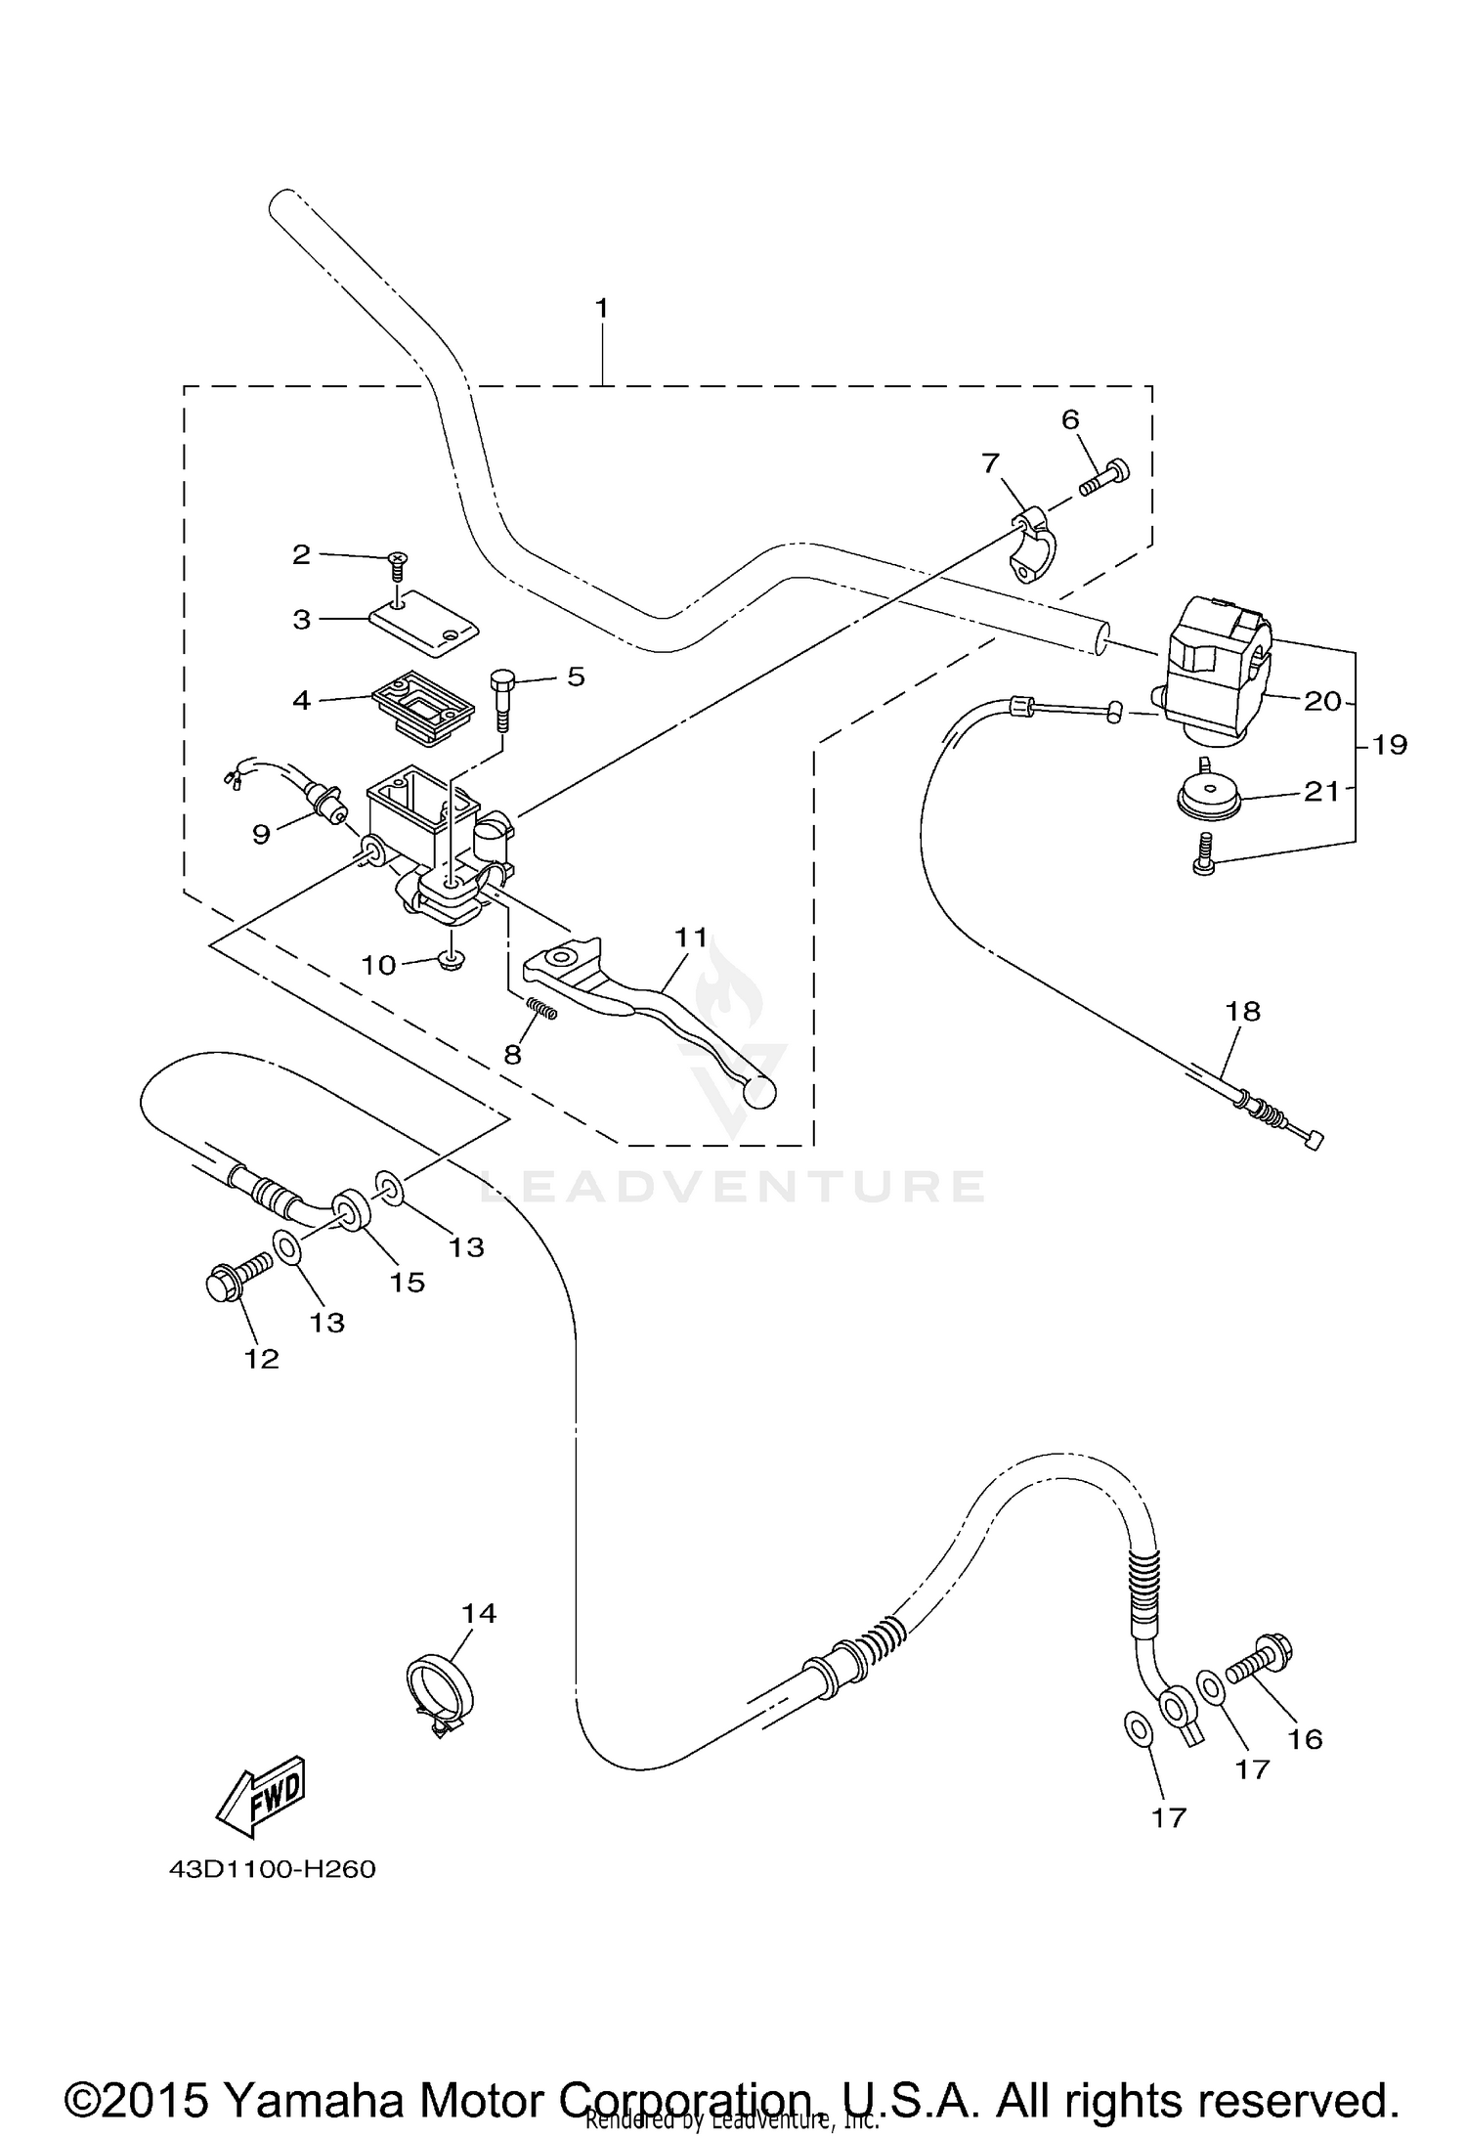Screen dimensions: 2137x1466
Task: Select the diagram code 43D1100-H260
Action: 273,1869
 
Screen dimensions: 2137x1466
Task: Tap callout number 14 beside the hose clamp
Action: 479,1613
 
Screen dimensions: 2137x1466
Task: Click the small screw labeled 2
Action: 399,564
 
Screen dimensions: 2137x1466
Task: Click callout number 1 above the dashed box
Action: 602,309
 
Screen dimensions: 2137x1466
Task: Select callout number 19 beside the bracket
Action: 1389,745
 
